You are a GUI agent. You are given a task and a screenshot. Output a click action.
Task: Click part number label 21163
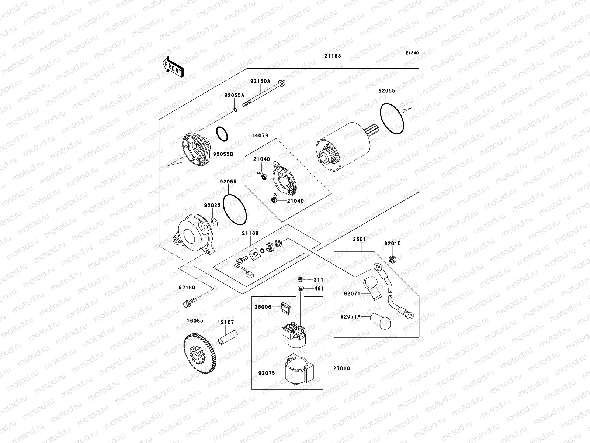tap(333, 56)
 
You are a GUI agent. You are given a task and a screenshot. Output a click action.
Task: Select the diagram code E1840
tap(412, 53)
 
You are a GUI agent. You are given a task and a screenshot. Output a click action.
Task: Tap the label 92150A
tap(260, 81)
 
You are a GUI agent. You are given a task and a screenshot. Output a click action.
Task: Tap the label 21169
tap(250, 233)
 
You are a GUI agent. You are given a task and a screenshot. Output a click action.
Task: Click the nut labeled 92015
tap(393, 259)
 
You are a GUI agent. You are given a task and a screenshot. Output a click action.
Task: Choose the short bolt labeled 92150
tap(188, 303)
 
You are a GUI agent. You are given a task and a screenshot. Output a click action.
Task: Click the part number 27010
tap(341, 368)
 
